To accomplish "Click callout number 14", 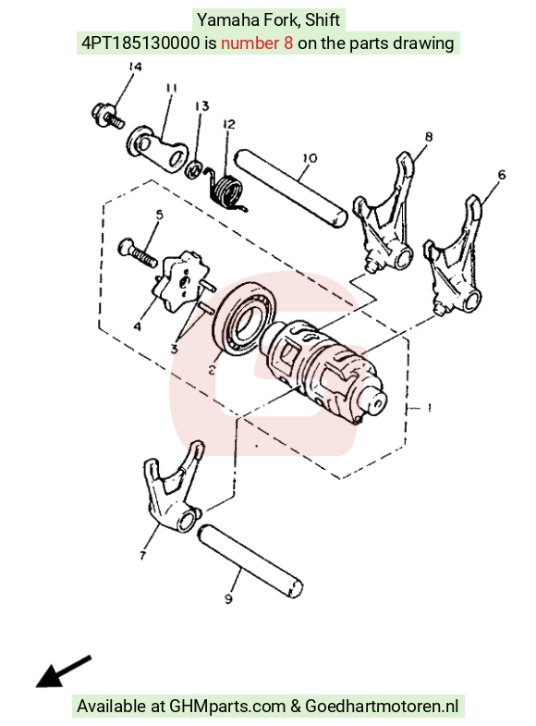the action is [134, 67].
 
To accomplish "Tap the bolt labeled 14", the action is [108, 117].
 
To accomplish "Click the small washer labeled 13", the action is [193, 168].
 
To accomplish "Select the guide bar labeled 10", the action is [290, 189].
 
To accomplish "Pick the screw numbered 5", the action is [137, 253].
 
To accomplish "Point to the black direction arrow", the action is [64, 671].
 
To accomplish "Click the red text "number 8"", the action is [257, 43].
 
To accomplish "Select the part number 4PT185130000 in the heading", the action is [140, 43].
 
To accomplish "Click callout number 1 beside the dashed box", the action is [430, 408].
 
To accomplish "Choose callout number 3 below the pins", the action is [175, 349].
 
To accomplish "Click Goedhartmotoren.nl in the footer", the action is [382, 706].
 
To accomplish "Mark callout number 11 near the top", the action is [171, 88].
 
